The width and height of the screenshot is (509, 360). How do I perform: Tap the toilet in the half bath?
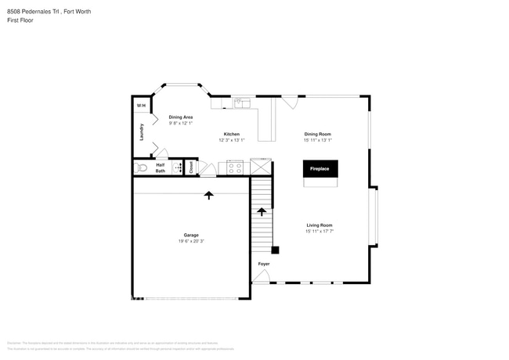pos(143,167)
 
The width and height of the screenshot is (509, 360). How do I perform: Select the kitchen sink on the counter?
pos(240,103)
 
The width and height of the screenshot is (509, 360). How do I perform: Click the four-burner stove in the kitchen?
pos(234,166)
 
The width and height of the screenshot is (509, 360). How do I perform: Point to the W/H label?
pos(141,106)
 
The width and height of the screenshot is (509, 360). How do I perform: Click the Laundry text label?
pos(142,131)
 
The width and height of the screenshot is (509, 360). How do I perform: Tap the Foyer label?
pos(264,264)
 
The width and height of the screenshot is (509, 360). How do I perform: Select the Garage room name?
pos(191,235)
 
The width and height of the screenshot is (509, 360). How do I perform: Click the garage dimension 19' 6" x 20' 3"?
pos(191,241)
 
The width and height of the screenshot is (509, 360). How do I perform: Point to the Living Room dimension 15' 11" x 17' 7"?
pos(319,231)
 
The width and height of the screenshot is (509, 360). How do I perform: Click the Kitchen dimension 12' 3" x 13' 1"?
pos(232,140)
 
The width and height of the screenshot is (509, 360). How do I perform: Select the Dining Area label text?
pos(181,117)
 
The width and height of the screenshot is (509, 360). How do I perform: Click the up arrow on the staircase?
pos(262,211)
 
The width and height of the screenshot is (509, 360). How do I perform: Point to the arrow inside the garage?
pos(209,195)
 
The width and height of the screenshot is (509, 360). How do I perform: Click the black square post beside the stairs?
pos(275,250)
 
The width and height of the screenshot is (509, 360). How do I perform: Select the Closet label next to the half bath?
pos(190,167)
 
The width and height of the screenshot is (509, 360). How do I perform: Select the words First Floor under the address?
pos(20,22)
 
